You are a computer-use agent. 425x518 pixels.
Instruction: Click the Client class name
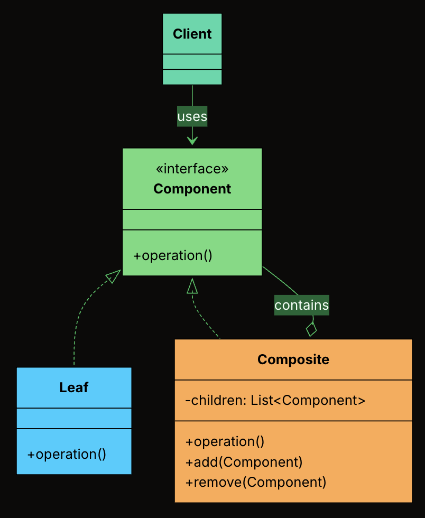[x=192, y=34]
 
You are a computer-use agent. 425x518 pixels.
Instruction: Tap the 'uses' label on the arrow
[x=192, y=116]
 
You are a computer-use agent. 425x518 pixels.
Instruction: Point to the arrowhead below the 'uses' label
[x=192, y=141]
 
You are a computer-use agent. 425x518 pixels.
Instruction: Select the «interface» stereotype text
[x=192, y=169]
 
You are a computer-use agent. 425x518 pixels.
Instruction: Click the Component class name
[x=192, y=189]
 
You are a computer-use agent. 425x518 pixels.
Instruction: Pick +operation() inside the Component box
[x=172, y=256]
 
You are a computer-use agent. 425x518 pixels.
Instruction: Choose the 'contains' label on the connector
[x=301, y=305]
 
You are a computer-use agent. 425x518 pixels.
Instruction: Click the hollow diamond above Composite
[x=311, y=329]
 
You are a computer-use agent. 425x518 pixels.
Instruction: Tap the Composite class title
[x=293, y=360]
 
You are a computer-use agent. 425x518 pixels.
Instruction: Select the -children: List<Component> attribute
[x=275, y=400]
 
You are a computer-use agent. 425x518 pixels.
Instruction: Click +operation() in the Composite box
[x=225, y=442]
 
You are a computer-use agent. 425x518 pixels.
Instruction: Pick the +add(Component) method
[x=244, y=462]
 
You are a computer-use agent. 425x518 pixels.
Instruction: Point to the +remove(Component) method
[x=256, y=482]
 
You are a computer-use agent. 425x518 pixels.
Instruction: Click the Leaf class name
[x=73, y=387]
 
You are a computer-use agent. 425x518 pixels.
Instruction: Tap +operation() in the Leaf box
[x=67, y=454]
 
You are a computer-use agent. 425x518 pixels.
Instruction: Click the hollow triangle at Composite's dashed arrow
[x=192, y=286]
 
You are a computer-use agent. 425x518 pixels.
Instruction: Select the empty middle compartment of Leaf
[x=73, y=418]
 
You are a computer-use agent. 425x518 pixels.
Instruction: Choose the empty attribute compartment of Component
[x=192, y=220]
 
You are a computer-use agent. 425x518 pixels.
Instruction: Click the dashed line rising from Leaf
[x=75, y=338]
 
